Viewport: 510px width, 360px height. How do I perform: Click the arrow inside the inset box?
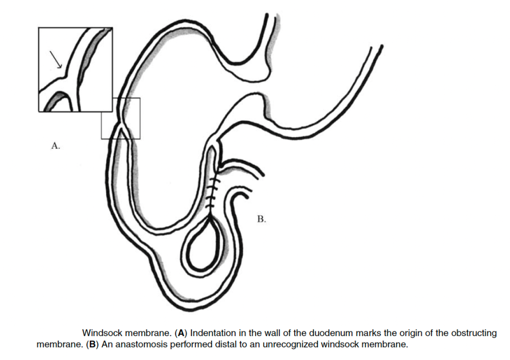(55, 60)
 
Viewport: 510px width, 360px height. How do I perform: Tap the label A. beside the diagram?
(56, 146)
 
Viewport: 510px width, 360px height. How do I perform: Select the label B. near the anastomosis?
(262, 219)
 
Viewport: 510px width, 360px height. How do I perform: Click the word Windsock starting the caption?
(103, 333)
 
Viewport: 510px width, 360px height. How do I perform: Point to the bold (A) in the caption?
(181, 333)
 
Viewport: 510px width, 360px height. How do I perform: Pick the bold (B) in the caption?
(93, 344)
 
